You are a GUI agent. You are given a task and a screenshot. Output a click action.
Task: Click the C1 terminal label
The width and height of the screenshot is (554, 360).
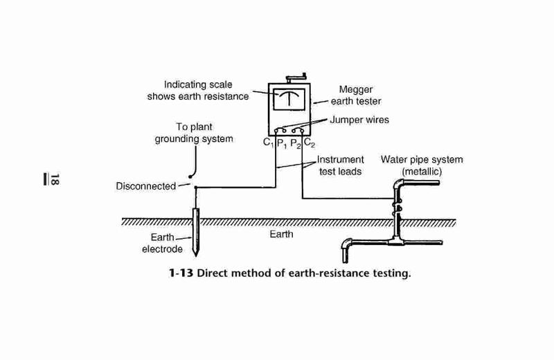[269, 143]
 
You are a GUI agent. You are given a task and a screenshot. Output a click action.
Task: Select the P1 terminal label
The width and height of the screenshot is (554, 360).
[282, 144]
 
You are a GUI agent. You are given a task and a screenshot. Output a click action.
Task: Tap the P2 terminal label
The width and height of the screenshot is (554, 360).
[296, 144]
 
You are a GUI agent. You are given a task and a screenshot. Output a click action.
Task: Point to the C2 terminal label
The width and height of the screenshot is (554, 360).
[309, 143]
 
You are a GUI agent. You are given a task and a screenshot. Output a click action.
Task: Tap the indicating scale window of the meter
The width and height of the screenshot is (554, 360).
[289, 99]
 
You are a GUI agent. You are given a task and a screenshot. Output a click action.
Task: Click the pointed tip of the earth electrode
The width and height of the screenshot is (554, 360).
[195, 255]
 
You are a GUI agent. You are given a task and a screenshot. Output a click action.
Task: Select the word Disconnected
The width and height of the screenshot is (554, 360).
[146, 186]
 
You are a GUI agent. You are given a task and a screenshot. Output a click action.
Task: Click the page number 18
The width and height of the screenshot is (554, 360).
[55, 179]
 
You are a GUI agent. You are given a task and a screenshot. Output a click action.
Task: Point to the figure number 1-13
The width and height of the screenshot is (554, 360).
[181, 273]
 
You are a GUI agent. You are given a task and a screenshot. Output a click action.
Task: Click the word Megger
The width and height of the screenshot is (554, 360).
[356, 90]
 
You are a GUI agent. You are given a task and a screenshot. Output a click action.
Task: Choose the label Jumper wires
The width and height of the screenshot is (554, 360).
[359, 120]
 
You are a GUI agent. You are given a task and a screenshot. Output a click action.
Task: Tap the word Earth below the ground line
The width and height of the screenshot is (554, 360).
[281, 234]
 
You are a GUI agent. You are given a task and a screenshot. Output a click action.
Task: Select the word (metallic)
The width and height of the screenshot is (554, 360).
[422, 172]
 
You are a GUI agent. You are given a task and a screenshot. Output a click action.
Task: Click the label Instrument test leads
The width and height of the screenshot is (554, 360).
[340, 165]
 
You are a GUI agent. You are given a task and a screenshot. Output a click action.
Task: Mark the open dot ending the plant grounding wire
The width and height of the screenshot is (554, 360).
[190, 177]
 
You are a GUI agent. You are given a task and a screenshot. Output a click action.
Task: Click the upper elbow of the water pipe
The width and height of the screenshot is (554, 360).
[400, 184]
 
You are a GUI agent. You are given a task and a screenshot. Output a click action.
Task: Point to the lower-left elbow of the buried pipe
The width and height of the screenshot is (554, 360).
[346, 245]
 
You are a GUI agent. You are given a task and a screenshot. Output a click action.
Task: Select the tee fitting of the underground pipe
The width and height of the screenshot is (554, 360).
[395, 241]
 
